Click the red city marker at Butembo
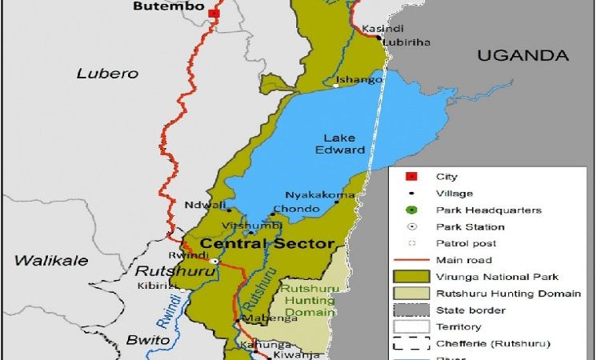(x=213, y=14)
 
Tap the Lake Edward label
(x=344, y=143)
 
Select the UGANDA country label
(x=523, y=55)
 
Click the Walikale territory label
(x=44, y=260)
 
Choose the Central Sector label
(x=266, y=244)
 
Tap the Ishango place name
(x=355, y=79)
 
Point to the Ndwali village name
(x=200, y=204)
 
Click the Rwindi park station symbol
(x=214, y=262)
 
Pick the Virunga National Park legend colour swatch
(x=411, y=277)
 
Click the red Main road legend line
(x=411, y=260)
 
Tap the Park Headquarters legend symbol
(x=411, y=210)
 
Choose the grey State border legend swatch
(x=411, y=310)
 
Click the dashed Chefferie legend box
(x=411, y=344)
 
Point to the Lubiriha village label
(x=403, y=42)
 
